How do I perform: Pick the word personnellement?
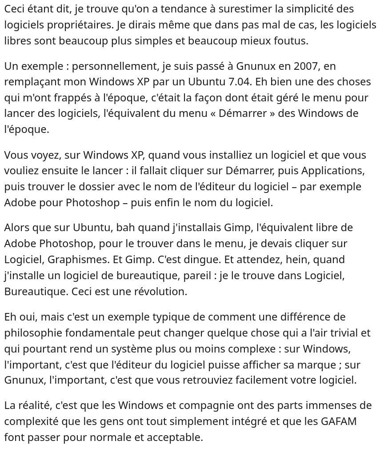coord(114,66)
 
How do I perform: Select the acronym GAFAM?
coord(340,421)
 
